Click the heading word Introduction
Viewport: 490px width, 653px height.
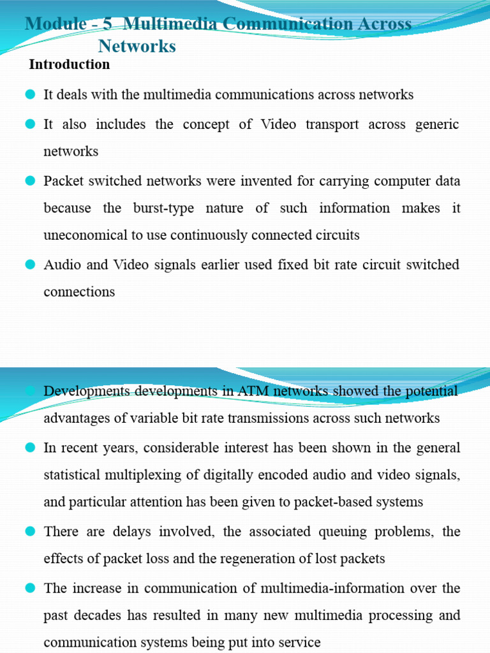point(70,64)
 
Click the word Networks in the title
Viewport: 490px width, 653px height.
point(137,46)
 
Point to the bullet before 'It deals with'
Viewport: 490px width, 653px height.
point(30,95)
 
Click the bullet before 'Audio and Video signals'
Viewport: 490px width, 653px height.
point(30,265)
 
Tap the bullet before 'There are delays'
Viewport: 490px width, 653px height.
point(30,531)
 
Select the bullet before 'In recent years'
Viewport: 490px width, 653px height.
point(30,448)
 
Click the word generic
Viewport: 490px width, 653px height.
point(434,124)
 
